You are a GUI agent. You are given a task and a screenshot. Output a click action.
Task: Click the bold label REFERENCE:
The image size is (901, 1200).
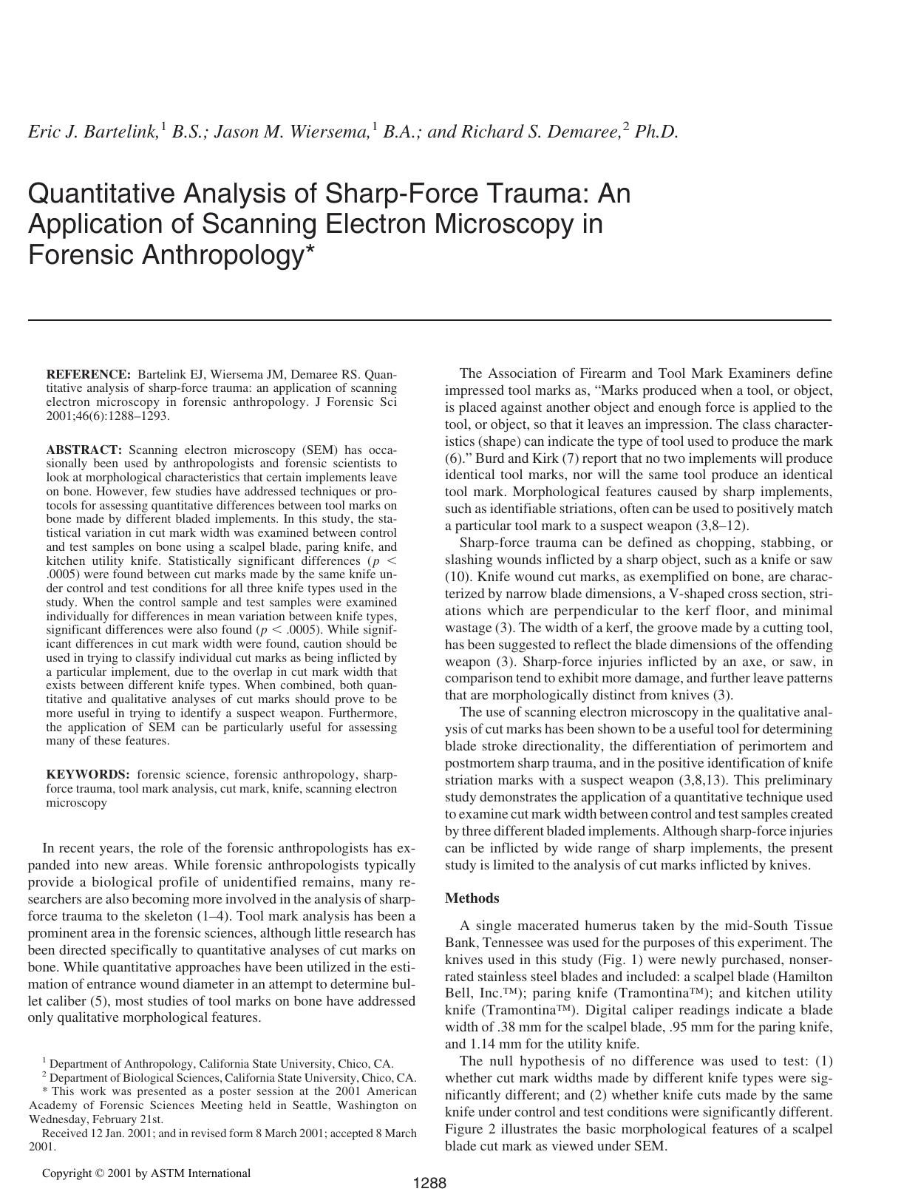coord(88,374)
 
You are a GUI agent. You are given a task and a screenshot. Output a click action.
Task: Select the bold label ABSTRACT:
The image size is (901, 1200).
coord(84,450)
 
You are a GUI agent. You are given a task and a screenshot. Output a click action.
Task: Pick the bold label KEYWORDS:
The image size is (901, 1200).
coord(88,775)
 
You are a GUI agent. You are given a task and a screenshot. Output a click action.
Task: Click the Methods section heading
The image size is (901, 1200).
coord(472,898)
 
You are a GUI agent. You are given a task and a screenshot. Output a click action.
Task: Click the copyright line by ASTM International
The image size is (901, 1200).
coord(146,1173)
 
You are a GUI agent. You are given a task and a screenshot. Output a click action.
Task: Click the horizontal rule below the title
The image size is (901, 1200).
coord(429,320)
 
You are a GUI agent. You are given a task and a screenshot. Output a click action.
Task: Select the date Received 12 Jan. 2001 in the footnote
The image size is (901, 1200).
coord(94,1133)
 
